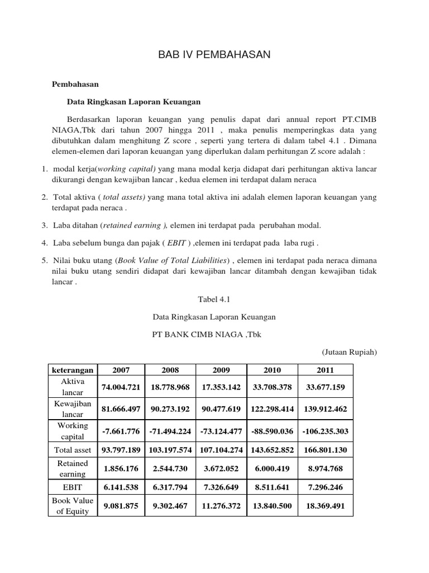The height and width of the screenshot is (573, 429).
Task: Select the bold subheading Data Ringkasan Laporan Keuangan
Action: point(134,102)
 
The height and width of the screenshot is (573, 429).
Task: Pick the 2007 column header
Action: point(121,370)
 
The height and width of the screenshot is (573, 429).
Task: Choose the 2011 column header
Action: point(326,370)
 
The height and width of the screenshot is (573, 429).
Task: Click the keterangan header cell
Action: point(73,370)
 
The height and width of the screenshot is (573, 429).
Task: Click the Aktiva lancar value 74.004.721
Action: point(121,387)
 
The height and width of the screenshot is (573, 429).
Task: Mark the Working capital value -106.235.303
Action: point(326,431)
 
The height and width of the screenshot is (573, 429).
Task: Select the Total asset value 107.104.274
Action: point(221,449)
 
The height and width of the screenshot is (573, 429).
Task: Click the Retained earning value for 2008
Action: point(170,468)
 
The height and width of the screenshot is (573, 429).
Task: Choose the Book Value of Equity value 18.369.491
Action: point(326,506)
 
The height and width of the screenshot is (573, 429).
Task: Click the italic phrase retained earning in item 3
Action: point(134,225)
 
